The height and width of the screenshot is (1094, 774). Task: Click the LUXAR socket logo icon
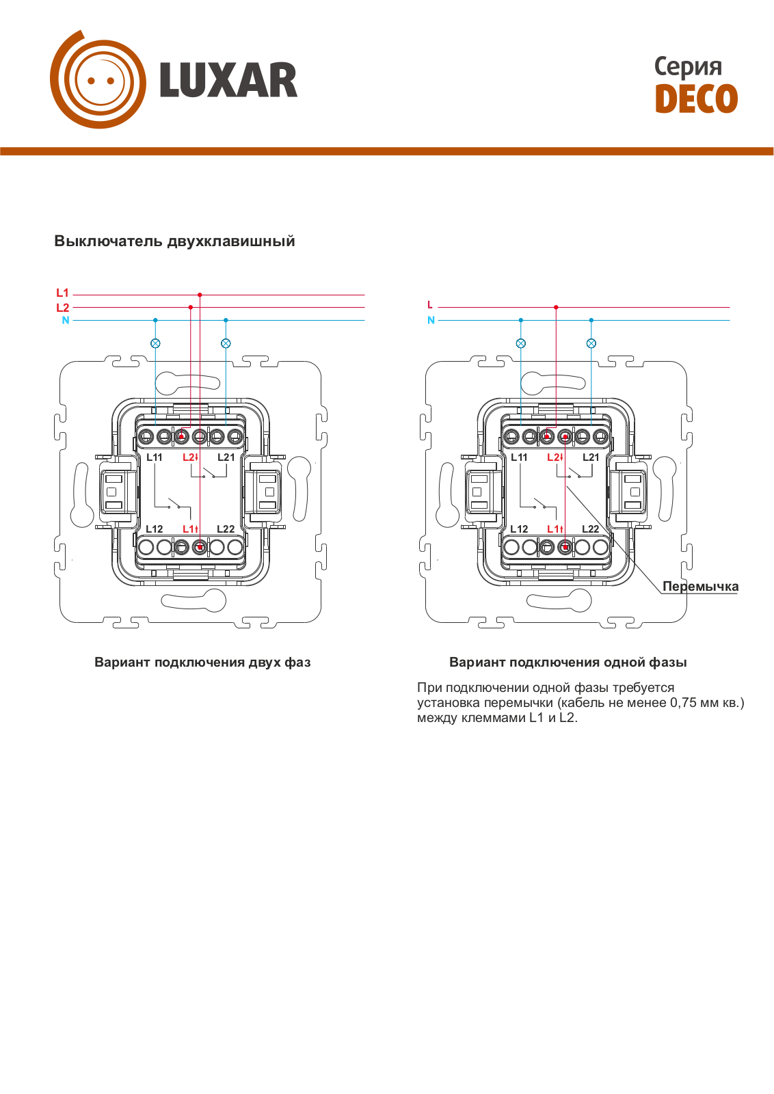pyautogui.click(x=98, y=79)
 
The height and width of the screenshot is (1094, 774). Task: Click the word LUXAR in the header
pyautogui.click(x=228, y=80)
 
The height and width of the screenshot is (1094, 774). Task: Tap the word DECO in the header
pyautogui.click(x=696, y=98)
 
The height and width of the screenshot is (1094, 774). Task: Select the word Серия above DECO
pyautogui.click(x=688, y=67)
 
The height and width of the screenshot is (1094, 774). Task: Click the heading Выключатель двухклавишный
pyautogui.click(x=174, y=241)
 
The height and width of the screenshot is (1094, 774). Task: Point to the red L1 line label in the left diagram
pyautogui.click(x=62, y=293)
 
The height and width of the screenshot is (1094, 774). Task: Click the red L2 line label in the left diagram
pyautogui.click(x=62, y=308)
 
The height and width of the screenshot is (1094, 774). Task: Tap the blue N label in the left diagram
pyautogui.click(x=66, y=321)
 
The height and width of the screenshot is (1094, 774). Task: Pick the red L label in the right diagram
pyautogui.click(x=429, y=305)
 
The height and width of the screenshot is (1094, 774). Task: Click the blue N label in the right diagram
pyautogui.click(x=431, y=321)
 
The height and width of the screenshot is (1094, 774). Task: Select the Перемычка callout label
pyautogui.click(x=700, y=587)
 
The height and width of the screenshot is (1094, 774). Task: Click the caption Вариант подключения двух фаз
pyautogui.click(x=202, y=663)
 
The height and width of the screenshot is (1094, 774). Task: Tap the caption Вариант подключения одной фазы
pyautogui.click(x=568, y=663)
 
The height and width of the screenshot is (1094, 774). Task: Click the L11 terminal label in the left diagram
pyautogui.click(x=155, y=457)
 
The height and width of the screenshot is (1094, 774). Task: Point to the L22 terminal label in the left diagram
pyautogui.click(x=226, y=529)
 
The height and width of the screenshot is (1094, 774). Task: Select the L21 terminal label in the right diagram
pyautogui.click(x=591, y=457)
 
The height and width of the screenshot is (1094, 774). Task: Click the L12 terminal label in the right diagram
pyautogui.click(x=519, y=529)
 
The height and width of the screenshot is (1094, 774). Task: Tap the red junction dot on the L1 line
pyautogui.click(x=200, y=295)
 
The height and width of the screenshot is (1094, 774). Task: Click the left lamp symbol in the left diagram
pyautogui.click(x=155, y=343)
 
